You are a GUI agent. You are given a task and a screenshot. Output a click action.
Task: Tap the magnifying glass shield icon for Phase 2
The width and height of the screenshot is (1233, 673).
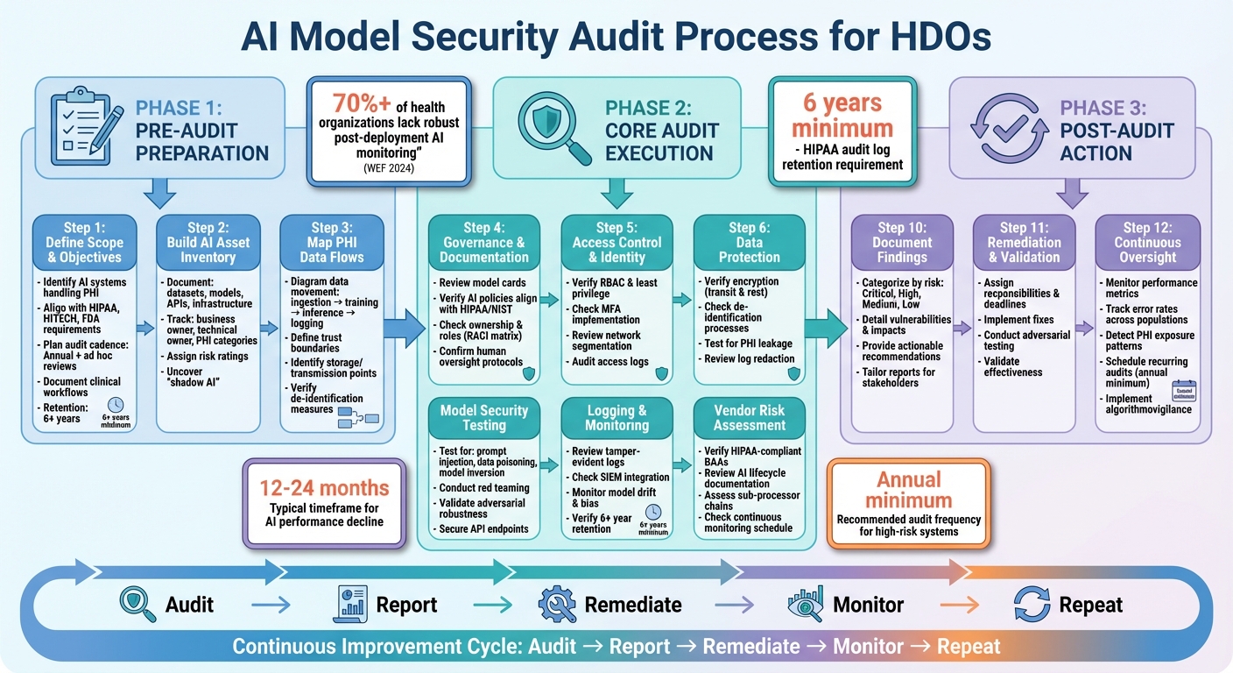(551, 124)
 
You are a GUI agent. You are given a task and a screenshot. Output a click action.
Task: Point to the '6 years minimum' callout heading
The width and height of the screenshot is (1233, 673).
(842, 116)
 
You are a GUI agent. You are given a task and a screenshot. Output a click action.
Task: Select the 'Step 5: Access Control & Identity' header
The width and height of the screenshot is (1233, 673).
(616, 243)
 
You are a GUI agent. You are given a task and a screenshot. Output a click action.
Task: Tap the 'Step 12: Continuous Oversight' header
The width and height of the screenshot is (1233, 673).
(1147, 243)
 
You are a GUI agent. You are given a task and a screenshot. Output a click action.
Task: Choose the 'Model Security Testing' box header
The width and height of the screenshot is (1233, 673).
(484, 417)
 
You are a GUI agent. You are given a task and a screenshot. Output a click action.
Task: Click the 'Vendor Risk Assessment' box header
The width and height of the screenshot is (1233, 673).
(750, 417)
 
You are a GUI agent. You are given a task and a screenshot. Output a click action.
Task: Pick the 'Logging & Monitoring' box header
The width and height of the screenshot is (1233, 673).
(616, 417)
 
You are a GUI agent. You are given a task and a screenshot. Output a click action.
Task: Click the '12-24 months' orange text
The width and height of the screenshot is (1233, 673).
(324, 488)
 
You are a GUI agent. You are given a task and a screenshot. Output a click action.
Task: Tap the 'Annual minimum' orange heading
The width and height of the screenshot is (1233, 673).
(908, 490)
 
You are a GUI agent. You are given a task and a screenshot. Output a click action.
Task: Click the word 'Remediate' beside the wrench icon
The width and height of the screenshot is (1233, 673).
(632, 605)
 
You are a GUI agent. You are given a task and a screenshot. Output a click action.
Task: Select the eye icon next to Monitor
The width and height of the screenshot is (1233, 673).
(804, 605)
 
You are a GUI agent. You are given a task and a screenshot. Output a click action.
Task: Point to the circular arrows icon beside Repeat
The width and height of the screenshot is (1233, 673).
(1032, 605)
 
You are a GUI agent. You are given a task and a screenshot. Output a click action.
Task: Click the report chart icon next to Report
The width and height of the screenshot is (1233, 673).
(349, 605)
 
